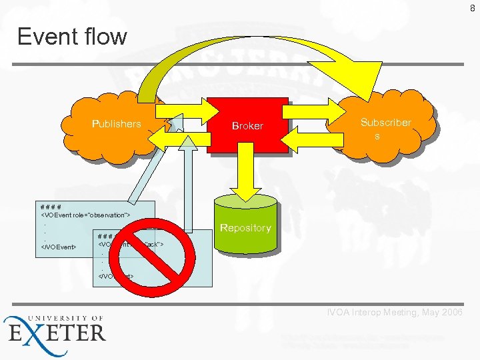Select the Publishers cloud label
(117, 124)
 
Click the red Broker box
(247, 126)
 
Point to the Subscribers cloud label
(385, 129)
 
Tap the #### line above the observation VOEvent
(51, 206)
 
